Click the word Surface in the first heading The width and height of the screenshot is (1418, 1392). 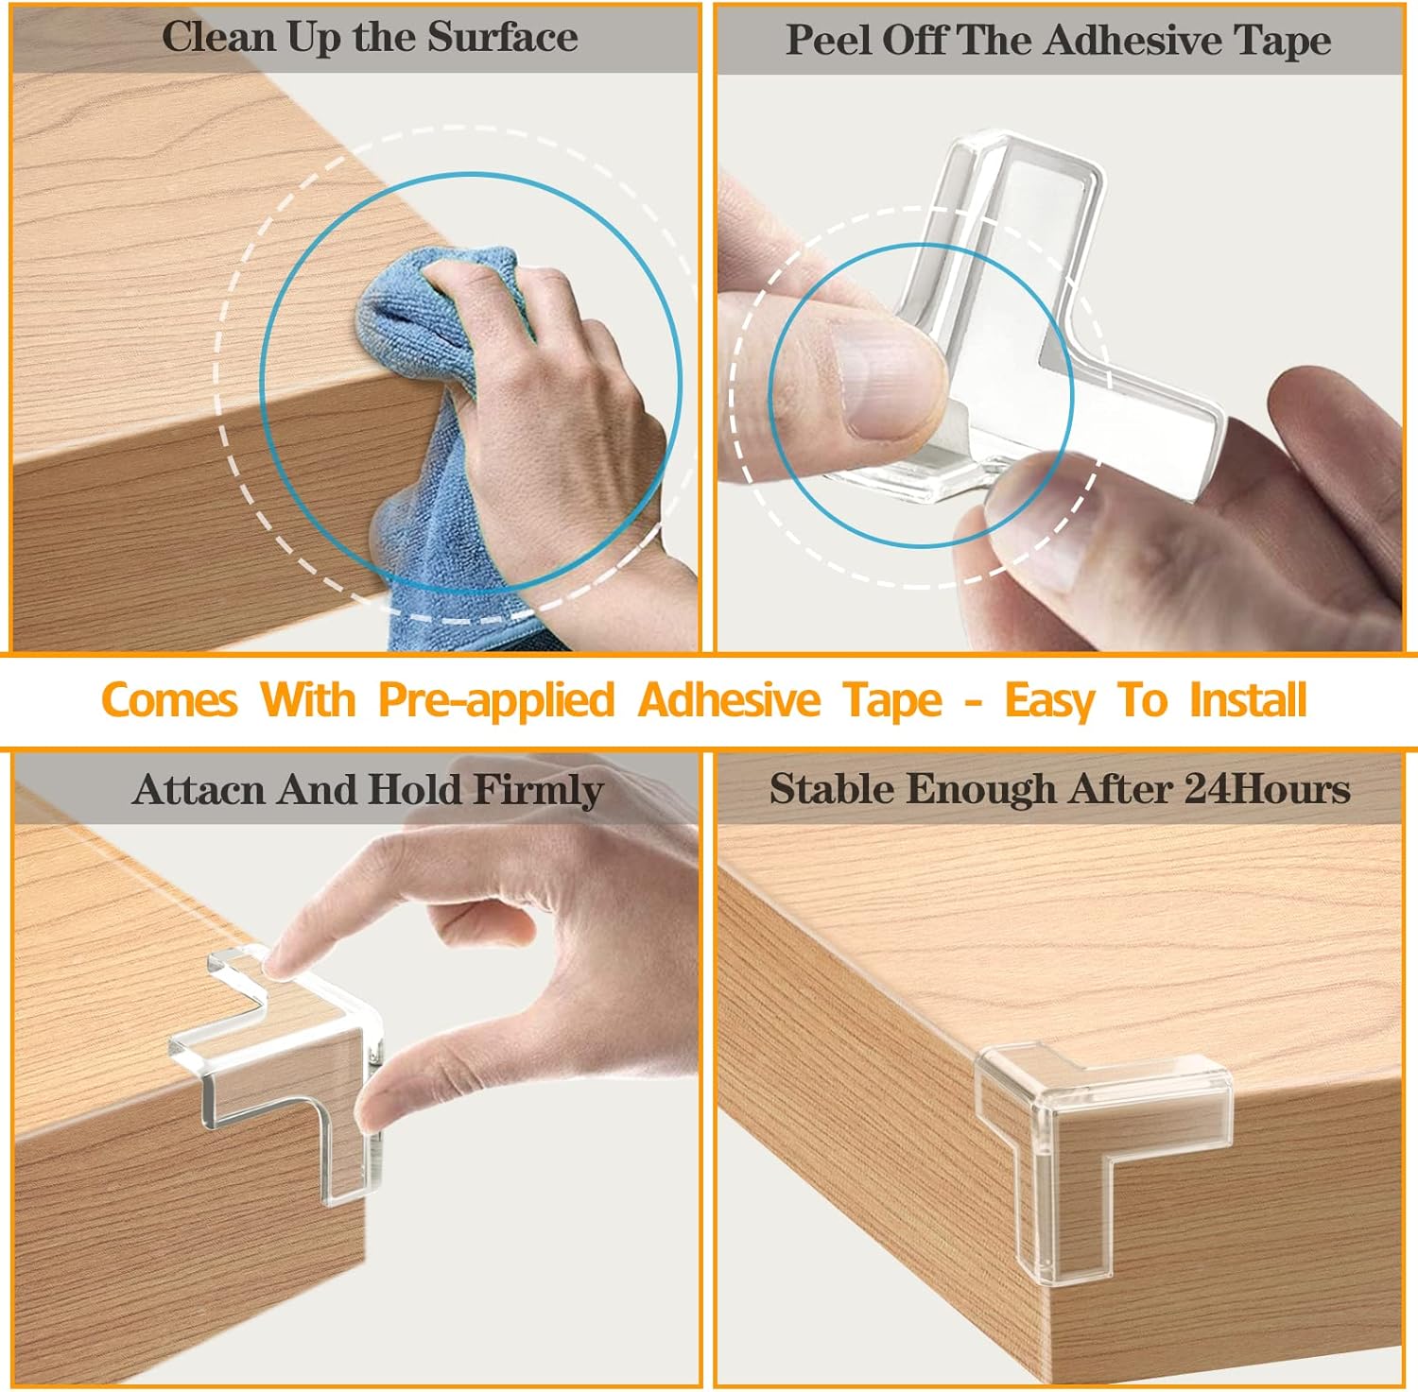pos(502,38)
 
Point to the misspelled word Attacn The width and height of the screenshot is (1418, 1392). pos(199,789)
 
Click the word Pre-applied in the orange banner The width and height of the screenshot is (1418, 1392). pos(496,701)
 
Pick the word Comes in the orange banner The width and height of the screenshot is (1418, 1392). pos(169,701)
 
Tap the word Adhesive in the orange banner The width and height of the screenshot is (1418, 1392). pos(729,700)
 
